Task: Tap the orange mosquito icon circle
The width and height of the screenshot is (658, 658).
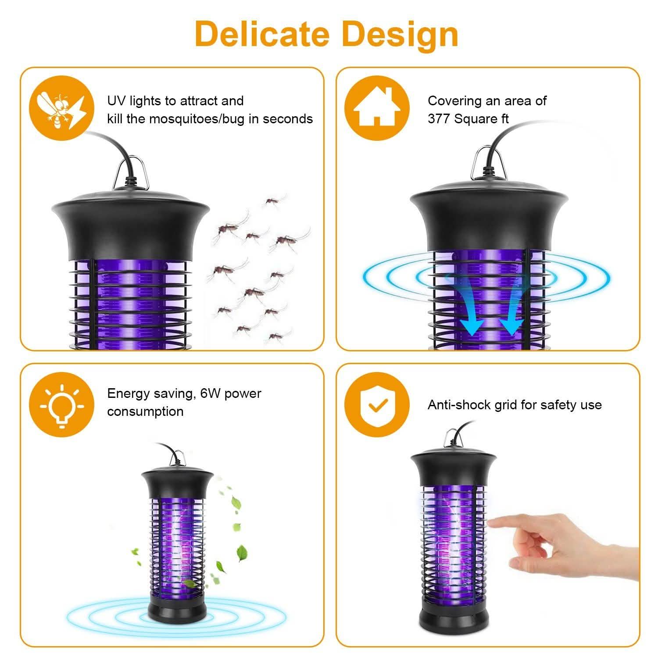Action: (x=62, y=108)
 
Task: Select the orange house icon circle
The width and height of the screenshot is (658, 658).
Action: (x=376, y=108)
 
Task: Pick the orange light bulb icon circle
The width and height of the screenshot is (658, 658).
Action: (x=62, y=404)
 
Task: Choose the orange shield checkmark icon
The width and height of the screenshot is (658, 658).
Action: (x=376, y=404)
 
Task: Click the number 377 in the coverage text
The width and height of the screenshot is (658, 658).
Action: (x=439, y=119)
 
